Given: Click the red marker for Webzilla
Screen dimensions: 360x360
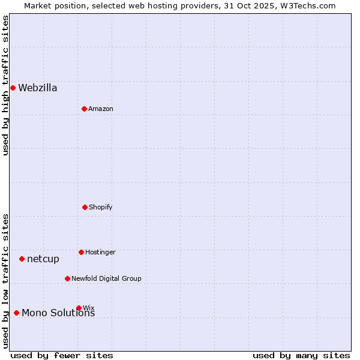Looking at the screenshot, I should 13,88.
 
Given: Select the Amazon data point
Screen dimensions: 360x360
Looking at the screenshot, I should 84,109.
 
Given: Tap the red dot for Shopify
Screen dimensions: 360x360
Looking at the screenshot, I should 85,207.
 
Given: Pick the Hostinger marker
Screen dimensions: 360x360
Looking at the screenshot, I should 81,252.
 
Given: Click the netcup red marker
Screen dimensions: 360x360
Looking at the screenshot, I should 22,259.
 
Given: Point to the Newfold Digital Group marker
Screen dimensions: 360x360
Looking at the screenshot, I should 67,278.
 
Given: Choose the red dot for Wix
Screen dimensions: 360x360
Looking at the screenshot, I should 79,308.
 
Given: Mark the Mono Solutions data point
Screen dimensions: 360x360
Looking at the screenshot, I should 16,313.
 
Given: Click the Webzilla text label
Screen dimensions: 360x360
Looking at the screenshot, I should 38,88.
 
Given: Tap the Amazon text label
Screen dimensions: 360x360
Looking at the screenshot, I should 101,109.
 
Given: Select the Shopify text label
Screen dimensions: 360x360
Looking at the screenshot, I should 101,208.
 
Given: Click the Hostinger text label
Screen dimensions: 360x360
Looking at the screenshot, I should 100,253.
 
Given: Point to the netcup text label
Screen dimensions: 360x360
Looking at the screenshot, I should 43,259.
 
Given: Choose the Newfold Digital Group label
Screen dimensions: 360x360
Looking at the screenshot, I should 107,279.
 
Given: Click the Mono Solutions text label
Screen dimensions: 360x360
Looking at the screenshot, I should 58,313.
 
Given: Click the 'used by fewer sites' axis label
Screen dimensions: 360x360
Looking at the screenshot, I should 62,355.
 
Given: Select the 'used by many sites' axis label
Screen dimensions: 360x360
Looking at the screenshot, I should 301,355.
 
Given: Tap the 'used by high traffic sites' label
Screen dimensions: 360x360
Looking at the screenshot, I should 5,86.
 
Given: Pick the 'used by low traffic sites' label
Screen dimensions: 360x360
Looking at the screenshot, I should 5,281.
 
